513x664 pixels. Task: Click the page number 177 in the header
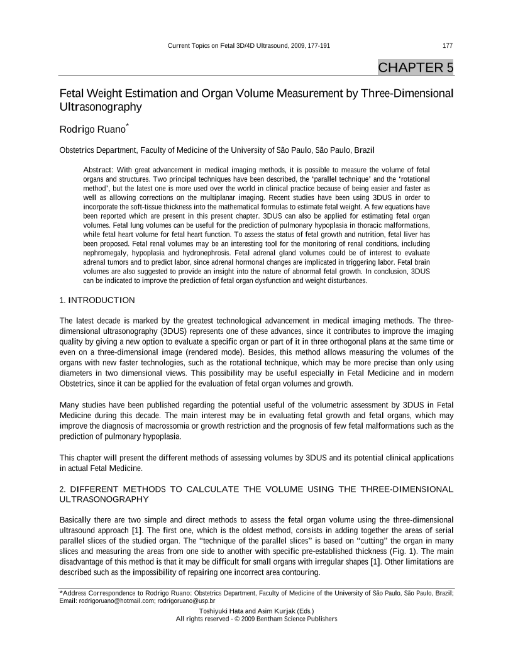point(448,46)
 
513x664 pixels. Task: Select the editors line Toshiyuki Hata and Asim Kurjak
point(256,610)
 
